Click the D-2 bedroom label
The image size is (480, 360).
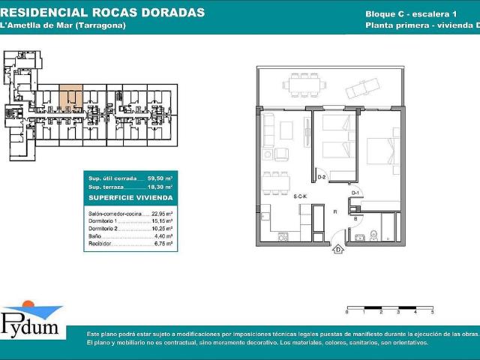(x=322, y=177)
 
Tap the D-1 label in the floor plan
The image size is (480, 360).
(x=355, y=193)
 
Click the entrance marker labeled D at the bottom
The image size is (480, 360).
(x=339, y=249)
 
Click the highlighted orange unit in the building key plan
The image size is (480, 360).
(x=70, y=97)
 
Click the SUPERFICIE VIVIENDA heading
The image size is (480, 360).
(x=130, y=197)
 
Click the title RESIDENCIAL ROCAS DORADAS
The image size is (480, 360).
(x=103, y=13)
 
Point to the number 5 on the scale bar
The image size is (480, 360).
(x=433, y=310)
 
